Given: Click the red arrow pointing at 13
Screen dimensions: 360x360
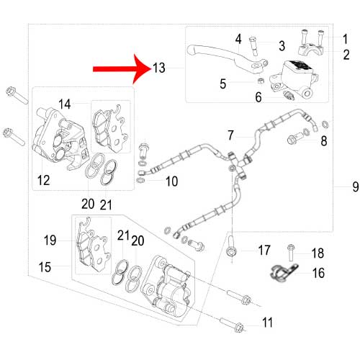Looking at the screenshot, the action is click(122, 69).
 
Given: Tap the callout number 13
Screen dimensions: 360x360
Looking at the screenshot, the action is click(159, 68).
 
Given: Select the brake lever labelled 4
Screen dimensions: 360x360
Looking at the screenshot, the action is click(228, 57).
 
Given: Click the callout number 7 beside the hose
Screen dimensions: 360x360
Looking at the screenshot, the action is click(230, 135).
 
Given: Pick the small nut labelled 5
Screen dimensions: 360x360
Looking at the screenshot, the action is click(261, 81).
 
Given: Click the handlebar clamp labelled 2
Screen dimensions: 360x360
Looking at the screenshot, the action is click(311, 49).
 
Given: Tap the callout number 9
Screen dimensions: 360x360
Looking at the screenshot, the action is click(356, 186).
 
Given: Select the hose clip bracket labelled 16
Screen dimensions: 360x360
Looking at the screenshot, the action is click(283, 272).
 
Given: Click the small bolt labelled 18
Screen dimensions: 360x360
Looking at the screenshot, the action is click(291, 253).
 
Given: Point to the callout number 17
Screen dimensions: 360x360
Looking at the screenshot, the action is click(264, 250).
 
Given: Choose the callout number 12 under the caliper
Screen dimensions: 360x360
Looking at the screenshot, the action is click(43, 180).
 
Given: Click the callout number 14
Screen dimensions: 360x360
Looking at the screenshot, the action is click(65, 104).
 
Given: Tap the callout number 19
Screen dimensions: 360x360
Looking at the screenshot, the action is click(50, 240).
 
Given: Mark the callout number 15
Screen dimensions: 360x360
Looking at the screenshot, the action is click(45, 267).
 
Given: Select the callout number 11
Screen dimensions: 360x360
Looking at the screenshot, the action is click(267, 323).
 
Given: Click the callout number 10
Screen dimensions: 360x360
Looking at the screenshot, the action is click(172, 181).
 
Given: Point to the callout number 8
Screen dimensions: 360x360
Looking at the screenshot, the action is click(324, 141).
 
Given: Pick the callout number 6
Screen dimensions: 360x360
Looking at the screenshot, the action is click(258, 97).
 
